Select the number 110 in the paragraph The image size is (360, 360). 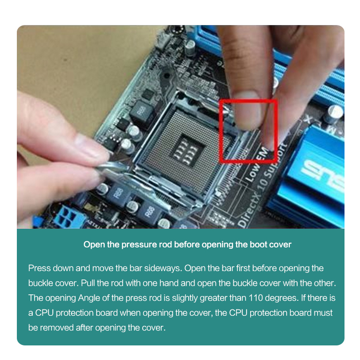[x=259, y=298]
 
